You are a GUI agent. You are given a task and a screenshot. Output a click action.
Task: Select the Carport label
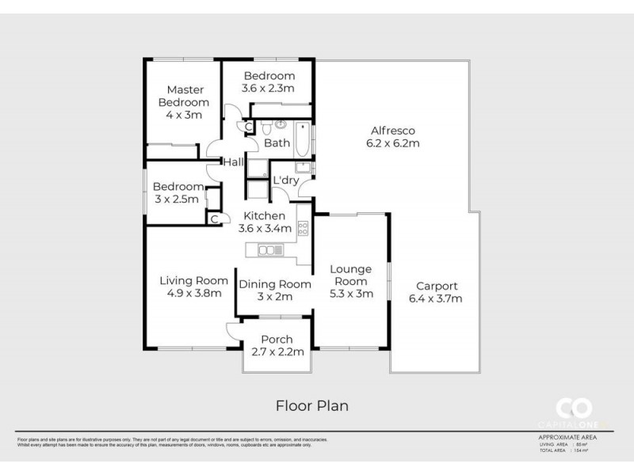click(435, 287)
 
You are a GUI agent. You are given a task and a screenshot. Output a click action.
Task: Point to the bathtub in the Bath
click(303, 140)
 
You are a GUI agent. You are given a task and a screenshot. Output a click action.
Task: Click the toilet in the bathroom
click(267, 127)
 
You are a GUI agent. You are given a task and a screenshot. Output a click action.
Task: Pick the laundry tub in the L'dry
click(303, 166)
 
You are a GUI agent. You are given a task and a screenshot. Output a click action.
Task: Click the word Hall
click(233, 162)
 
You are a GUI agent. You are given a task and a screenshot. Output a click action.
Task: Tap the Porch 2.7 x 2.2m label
click(277, 346)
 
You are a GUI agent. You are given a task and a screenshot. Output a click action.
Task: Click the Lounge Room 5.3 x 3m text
click(350, 281)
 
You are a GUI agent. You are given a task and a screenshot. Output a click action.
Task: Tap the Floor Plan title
click(311, 405)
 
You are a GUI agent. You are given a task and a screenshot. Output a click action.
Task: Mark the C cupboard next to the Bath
click(248, 127)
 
